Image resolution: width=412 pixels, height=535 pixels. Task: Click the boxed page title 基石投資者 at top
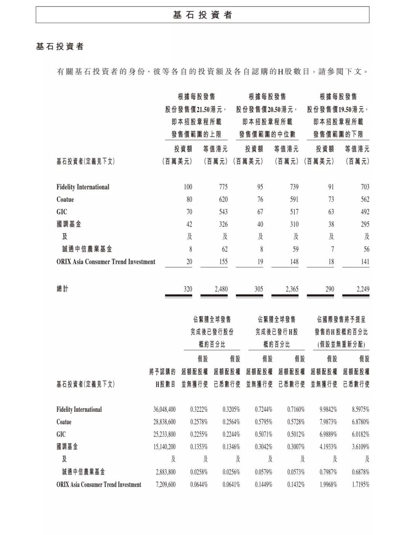coord(202,15)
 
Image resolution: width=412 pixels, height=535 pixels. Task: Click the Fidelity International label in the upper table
coord(83,187)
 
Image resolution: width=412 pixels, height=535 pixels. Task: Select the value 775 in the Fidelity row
coord(223,187)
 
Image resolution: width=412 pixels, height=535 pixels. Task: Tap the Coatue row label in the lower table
coord(64,422)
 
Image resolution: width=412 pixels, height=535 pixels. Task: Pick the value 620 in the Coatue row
coord(223,199)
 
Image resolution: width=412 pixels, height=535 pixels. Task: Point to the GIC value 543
coord(223,212)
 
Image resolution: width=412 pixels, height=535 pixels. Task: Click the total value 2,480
coord(221,289)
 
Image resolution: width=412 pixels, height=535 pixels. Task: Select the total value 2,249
coord(363,289)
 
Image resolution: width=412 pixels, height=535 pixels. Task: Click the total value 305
coord(259,289)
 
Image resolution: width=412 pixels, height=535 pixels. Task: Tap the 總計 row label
coord(63,289)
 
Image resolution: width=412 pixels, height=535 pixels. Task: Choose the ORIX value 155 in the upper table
coord(223,262)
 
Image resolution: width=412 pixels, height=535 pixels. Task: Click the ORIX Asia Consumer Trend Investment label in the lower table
coord(99,484)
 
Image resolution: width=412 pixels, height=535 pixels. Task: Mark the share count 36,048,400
coord(164,410)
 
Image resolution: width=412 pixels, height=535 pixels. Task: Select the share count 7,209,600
coord(166,484)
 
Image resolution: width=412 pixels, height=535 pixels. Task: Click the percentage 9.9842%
coord(328,410)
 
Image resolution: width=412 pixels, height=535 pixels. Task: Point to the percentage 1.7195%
coord(360,484)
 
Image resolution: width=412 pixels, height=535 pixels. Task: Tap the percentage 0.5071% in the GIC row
coord(264,434)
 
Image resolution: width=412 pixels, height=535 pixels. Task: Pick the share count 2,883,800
coord(166,472)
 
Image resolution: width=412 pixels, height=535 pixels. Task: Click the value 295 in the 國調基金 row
coord(365,224)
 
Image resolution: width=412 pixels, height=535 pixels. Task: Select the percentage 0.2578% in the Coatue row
coord(199,422)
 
